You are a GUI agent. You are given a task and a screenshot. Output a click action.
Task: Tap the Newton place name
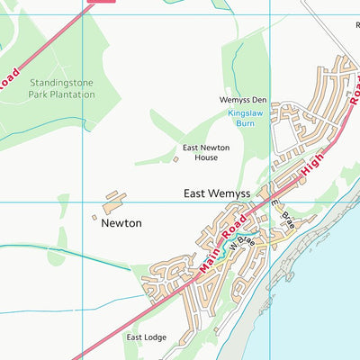[x=121, y=222]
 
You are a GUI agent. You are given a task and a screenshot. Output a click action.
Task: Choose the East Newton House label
[x=201, y=152]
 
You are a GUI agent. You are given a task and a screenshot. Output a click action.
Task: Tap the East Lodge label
[x=145, y=337]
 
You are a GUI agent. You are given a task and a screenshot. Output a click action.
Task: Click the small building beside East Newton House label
[x=175, y=159]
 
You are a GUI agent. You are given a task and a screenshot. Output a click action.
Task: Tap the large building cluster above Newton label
[x=115, y=196]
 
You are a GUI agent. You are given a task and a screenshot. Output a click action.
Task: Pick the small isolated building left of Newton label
[x=94, y=217]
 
